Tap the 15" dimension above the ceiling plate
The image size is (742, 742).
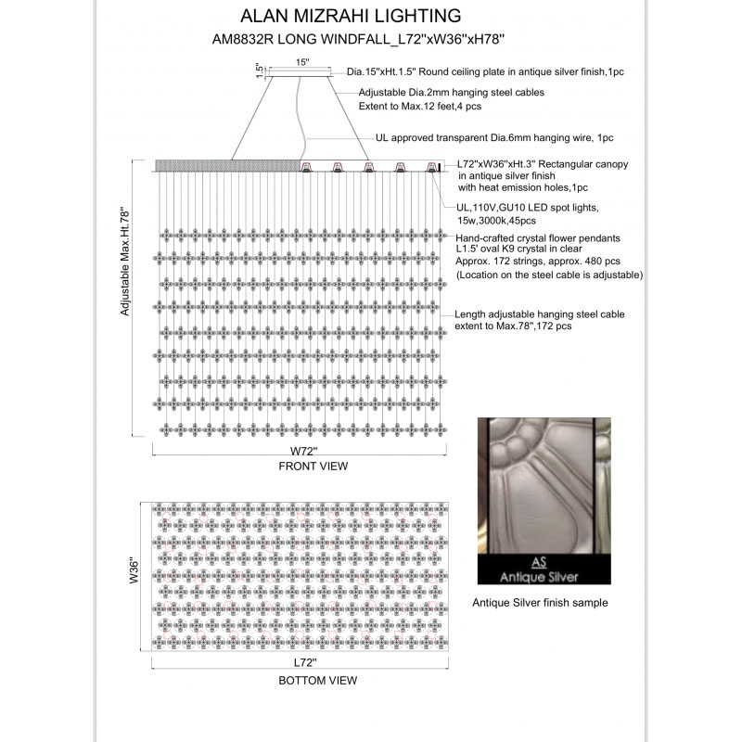(x=301, y=61)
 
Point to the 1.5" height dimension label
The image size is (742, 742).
(x=259, y=70)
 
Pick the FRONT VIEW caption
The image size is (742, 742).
(x=313, y=467)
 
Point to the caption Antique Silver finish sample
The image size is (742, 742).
(x=540, y=602)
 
